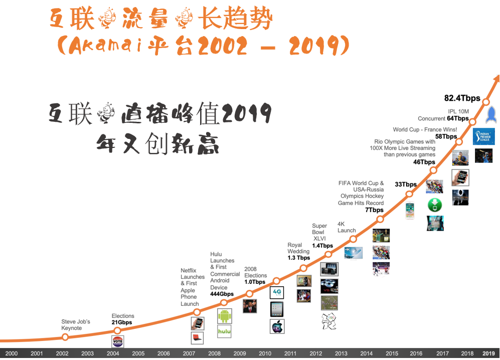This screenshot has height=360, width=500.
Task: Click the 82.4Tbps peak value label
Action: (x=462, y=98)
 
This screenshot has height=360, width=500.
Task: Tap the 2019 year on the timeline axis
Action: (x=488, y=353)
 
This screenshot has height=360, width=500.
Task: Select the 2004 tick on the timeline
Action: (x=113, y=353)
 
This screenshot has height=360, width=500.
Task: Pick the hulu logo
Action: (x=224, y=331)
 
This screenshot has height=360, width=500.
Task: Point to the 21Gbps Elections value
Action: (x=121, y=322)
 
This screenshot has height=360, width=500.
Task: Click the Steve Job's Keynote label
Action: (x=76, y=325)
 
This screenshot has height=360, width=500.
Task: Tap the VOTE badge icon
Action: (x=118, y=342)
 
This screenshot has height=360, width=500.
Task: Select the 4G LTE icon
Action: (x=277, y=292)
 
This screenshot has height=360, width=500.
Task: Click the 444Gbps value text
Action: (x=222, y=294)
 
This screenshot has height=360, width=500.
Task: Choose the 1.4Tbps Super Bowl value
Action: (x=322, y=246)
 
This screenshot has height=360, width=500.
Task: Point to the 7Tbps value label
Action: (x=375, y=210)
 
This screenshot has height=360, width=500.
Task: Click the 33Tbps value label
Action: (x=406, y=185)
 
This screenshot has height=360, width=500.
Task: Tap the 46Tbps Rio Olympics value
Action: (x=424, y=162)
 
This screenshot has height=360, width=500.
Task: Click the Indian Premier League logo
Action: (x=484, y=136)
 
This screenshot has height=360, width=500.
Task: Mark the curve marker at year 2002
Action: (x=65, y=337)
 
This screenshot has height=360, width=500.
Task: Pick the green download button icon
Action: (x=434, y=205)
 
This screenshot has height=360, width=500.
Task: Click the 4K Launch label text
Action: (x=347, y=227)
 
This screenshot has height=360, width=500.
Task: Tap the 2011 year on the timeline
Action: (x=290, y=353)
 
